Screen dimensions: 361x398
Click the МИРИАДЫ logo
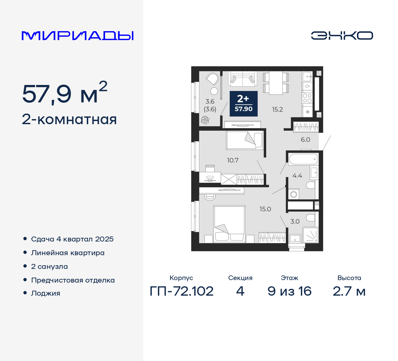pos(78,36)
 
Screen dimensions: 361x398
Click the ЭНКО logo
pos(342,35)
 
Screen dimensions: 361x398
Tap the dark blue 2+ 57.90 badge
pos(243,104)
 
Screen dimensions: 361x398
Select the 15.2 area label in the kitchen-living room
pos(277,110)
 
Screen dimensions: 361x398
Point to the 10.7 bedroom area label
pos(233,160)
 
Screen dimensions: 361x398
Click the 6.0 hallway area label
pos(305,140)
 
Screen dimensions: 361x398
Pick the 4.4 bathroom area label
pos(297,176)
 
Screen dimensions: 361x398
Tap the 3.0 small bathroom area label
pos(295,222)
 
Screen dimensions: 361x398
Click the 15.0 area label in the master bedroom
pos(265,209)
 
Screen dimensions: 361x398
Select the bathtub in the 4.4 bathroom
pos(303,159)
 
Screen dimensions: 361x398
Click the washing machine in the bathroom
pos(293,194)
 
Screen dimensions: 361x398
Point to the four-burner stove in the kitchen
pos(307,98)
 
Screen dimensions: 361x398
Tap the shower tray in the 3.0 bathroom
pos(311,235)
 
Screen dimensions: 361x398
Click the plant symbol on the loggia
pos(205,120)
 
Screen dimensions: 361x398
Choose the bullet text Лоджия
pos(46,293)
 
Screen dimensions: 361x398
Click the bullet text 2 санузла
pos(49,266)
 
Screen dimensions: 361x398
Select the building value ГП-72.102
pos(182,291)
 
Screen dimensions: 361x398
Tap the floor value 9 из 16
pos(289,291)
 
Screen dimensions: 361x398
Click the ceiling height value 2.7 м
pos(349,291)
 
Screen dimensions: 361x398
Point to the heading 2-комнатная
pos(69,120)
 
